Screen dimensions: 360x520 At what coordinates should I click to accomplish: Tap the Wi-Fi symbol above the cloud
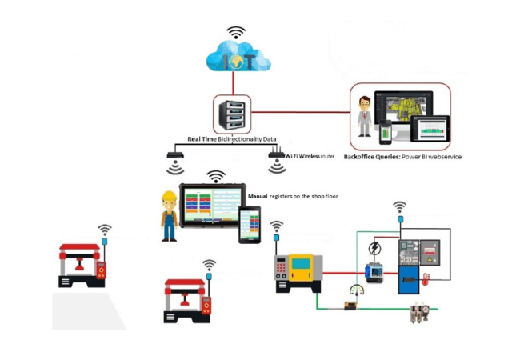click(x=236, y=32)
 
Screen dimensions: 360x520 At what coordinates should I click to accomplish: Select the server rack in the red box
click(x=232, y=115)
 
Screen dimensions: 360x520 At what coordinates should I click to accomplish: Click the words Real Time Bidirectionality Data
click(x=226, y=139)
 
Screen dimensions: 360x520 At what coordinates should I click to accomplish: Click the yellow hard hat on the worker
click(x=168, y=197)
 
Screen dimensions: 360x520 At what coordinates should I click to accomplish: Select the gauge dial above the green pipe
click(x=355, y=290)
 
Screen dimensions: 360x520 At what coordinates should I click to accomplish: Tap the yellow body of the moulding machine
click(x=305, y=267)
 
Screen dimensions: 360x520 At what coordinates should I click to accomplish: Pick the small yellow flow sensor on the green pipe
click(x=349, y=305)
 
